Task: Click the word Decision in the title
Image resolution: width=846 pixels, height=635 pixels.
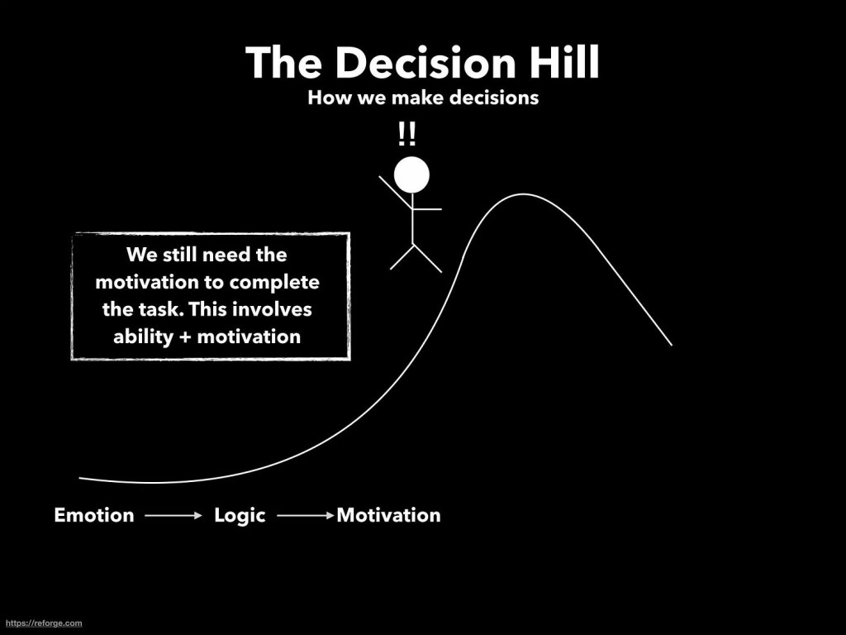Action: pyautogui.click(x=425, y=62)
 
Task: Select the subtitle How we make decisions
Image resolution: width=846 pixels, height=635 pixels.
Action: pyautogui.click(x=423, y=98)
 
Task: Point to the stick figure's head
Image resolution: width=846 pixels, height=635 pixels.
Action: pyautogui.click(x=411, y=175)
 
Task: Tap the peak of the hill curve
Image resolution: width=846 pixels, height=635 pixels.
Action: pyautogui.click(x=522, y=193)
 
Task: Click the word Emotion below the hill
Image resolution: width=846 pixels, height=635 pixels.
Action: pyautogui.click(x=94, y=515)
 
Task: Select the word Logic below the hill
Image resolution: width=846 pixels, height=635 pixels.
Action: pyautogui.click(x=240, y=516)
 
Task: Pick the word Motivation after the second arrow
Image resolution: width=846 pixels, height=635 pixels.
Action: pyautogui.click(x=389, y=515)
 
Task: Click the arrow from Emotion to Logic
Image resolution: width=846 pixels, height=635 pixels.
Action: pyautogui.click(x=173, y=516)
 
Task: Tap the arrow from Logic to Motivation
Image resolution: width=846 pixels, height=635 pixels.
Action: pyautogui.click(x=306, y=516)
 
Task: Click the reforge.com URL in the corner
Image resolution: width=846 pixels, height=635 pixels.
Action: pyautogui.click(x=41, y=623)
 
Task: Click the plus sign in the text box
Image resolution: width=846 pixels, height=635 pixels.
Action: pyautogui.click(x=185, y=337)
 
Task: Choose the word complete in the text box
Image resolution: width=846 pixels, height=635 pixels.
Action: pyautogui.click(x=274, y=283)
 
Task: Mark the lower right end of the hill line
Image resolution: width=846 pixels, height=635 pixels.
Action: pyautogui.click(x=672, y=345)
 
